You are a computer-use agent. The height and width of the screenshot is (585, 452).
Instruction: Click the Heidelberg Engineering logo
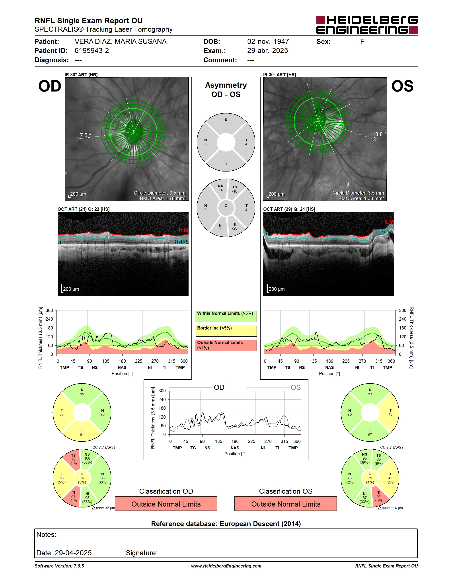coord(367,25)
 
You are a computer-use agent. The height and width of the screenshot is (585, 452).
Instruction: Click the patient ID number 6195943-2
coord(92,51)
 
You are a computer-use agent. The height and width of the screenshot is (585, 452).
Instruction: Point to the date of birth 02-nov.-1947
coord(268,41)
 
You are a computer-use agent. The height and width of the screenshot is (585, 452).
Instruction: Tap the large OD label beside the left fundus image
coord(50,86)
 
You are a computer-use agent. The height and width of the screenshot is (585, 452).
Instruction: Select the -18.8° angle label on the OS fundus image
coord(378,134)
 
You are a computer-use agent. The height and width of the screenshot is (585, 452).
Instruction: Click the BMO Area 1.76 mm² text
coord(163,199)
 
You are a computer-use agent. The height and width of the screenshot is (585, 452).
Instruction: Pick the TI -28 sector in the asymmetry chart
coord(235,226)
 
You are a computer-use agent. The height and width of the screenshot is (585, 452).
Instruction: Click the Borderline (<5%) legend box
coord(226,331)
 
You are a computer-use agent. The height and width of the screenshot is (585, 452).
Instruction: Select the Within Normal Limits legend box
coord(226,316)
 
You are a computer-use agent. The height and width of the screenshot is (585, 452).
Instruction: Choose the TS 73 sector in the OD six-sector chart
coord(73,459)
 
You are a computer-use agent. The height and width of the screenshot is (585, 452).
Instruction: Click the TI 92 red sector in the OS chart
coord(379,496)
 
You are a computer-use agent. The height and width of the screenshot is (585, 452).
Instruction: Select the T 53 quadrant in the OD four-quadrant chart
coord(62,413)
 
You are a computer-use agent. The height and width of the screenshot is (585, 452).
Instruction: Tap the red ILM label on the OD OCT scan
coord(183,230)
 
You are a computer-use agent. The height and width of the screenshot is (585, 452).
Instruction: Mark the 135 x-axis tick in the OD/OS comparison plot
coord(218,441)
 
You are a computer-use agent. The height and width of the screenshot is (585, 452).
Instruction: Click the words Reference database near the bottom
coord(184,524)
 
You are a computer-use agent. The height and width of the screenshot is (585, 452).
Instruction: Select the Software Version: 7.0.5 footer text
coord(59,566)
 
